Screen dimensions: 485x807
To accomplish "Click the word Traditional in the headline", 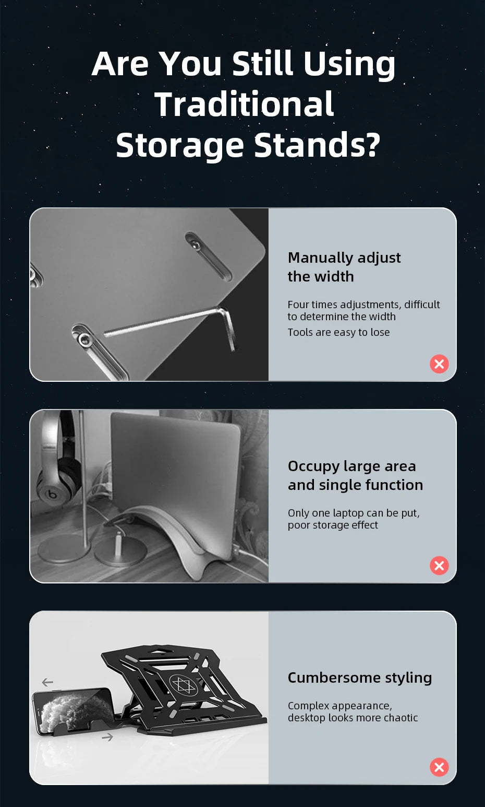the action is point(244,104).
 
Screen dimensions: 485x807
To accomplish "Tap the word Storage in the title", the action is point(180,146).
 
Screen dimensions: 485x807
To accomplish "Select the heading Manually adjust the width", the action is point(344,267).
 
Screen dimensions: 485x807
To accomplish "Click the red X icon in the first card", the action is point(439,364).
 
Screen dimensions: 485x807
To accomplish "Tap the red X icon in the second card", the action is point(439,565).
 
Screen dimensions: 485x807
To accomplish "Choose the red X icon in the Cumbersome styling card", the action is point(439,767).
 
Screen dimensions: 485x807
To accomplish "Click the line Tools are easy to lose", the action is point(338,332).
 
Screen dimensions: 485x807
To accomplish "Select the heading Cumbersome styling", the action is point(360,678).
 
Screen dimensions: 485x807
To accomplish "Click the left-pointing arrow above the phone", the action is point(47,682).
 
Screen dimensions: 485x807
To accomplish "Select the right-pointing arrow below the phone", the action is point(107,738).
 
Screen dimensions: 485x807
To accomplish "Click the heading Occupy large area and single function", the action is point(356,475).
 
